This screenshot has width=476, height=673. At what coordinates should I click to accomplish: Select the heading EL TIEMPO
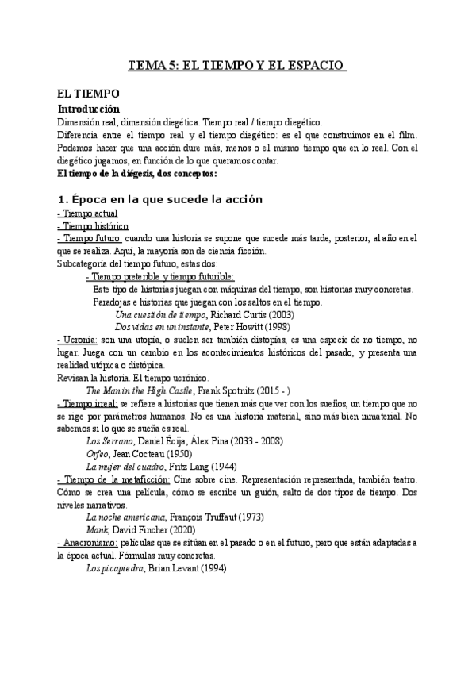click(x=90, y=94)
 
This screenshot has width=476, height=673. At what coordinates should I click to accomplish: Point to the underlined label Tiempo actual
click(x=88, y=213)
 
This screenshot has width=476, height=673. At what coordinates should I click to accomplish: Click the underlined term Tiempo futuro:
click(x=90, y=239)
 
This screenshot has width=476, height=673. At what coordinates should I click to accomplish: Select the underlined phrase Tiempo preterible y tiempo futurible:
click(x=159, y=276)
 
